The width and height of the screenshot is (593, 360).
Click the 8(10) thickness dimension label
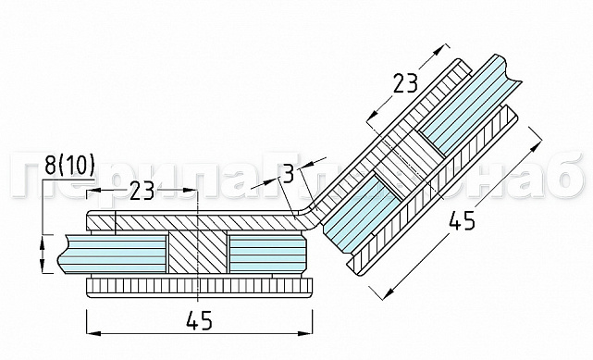69,166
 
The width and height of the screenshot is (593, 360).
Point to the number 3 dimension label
289,173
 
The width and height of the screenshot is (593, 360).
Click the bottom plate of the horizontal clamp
199,284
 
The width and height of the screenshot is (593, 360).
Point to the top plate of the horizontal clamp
185,222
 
